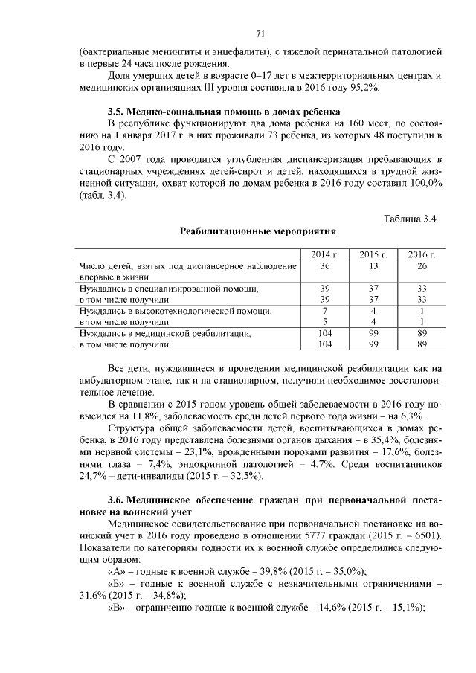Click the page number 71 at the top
click(260, 33)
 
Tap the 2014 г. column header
click(324, 254)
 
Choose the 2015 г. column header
click(373, 254)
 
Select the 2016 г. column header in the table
click(422, 254)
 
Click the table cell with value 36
click(324, 265)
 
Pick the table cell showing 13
click(373, 265)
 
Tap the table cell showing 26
click(422, 265)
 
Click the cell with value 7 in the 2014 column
click(324, 310)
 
